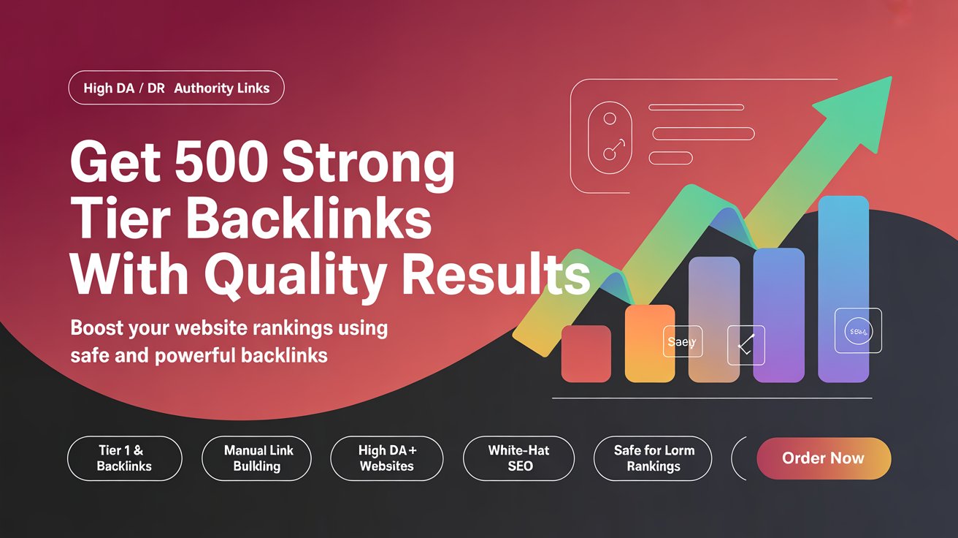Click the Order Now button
824,458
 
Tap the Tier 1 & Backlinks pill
124,458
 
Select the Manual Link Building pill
256,458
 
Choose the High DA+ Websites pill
386,458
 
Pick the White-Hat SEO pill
518,458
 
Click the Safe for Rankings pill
653,458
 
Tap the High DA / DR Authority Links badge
176,88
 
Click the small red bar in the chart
586,354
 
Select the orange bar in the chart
650,344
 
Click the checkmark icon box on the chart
746,345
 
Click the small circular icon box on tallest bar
857,332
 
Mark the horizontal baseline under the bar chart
712,398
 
